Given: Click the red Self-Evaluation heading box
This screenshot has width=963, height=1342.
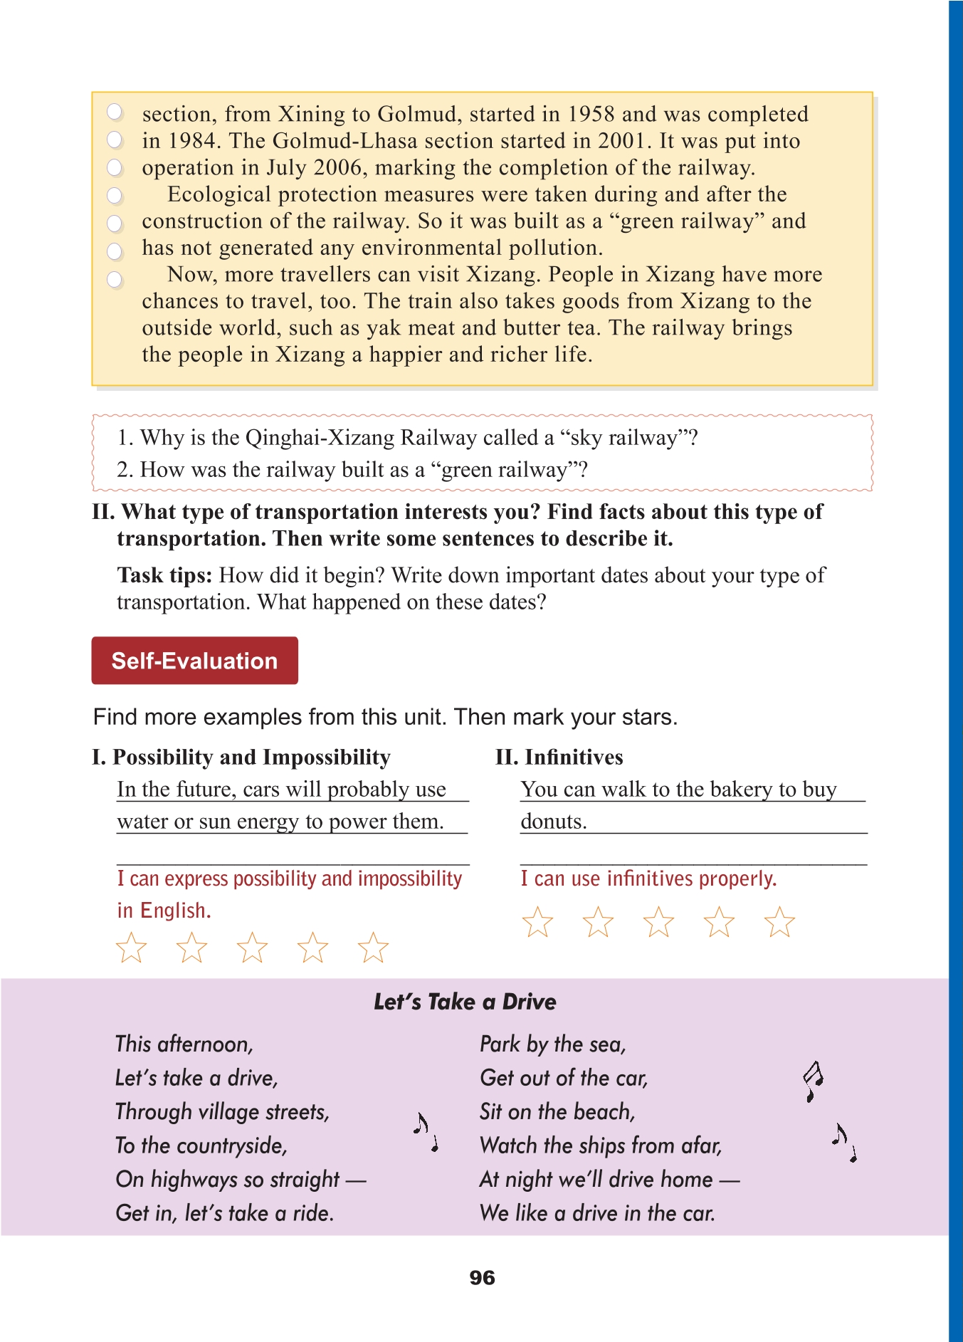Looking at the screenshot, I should tap(194, 661).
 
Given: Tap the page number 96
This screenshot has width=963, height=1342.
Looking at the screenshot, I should tap(482, 1277).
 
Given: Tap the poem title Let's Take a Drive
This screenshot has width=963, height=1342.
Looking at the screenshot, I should tap(465, 1002).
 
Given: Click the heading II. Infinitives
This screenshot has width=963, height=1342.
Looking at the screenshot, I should tap(559, 757).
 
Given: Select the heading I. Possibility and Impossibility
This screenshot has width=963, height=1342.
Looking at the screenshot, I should tap(241, 757).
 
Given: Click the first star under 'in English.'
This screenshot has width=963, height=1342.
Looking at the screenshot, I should tap(131, 948).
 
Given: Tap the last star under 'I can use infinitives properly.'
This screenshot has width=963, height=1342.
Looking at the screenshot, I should tap(779, 922).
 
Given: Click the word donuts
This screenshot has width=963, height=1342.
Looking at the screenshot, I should tap(553, 822).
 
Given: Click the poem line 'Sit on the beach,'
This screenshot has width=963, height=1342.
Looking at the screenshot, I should tap(557, 1111).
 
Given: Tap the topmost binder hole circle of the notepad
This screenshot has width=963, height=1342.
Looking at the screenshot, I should tap(115, 112).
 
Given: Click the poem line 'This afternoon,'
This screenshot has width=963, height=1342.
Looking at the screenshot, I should tap(184, 1044).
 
